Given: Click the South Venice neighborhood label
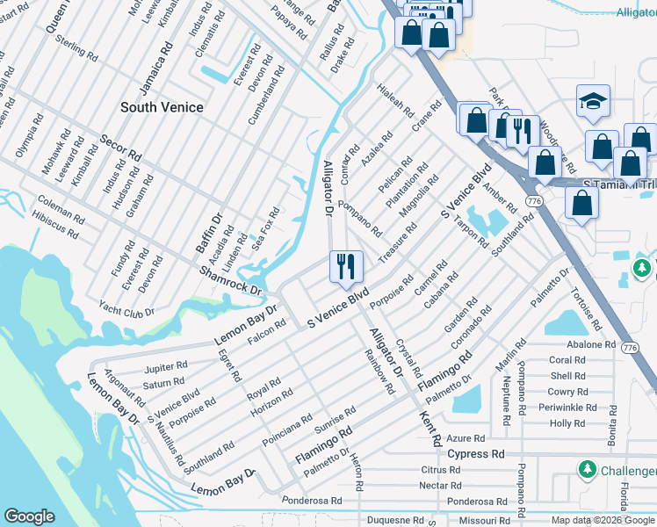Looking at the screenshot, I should [x=162, y=107].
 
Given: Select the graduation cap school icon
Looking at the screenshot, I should [x=594, y=103].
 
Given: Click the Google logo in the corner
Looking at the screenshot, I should [x=29, y=516].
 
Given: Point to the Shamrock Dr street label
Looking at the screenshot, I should [x=231, y=280].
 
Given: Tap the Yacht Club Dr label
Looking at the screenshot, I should [x=126, y=311].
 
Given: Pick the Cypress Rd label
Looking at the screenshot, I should [x=476, y=454].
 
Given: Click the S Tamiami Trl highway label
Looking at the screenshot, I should [x=619, y=183].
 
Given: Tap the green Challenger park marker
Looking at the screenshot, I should [x=586, y=470].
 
